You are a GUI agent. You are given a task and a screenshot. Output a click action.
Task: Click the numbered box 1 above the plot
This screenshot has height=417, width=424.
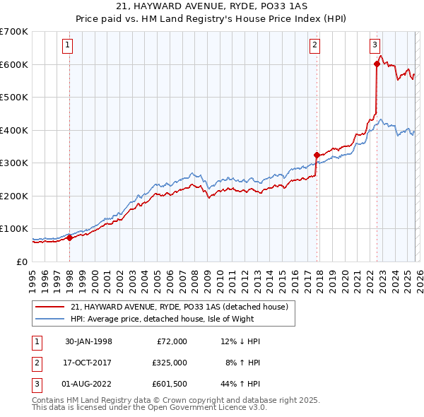tap(68, 45)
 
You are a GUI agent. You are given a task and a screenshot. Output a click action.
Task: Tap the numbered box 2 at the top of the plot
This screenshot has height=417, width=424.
tap(314, 45)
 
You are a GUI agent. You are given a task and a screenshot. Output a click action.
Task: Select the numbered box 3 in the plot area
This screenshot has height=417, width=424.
tap(375, 45)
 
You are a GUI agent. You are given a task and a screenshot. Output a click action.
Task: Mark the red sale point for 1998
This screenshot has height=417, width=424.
tap(70, 238)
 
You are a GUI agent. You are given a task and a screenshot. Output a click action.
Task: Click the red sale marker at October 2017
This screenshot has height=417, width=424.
tap(317, 155)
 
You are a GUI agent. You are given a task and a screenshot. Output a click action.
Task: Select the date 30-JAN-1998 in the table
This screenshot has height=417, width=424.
tap(88, 341)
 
